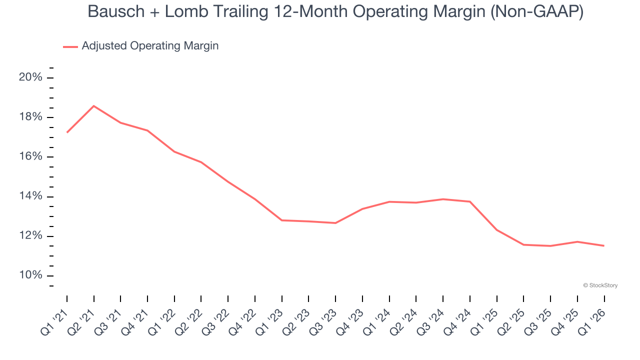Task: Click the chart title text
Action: (x=335, y=12)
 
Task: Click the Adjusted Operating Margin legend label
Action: (x=150, y=46)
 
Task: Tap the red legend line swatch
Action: (x=70, y=46)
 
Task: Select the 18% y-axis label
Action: (x=31, y=117)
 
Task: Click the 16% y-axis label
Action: (x=31, y=156)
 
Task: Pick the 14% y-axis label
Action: (x=31, y=196)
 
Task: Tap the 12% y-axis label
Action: (x=31, y=236)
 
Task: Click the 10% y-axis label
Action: (x=31, y=275)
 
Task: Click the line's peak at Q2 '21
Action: (x=94, y=106)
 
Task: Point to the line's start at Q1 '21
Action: (x=67, y=132)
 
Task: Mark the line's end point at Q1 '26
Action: (x=604, y=245)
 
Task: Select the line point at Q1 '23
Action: (x=282, y=220)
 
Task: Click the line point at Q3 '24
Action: (x=443, y=199)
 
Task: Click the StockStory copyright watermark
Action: (x=600, y=285)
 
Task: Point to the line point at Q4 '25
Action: (x=577, y=241)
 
